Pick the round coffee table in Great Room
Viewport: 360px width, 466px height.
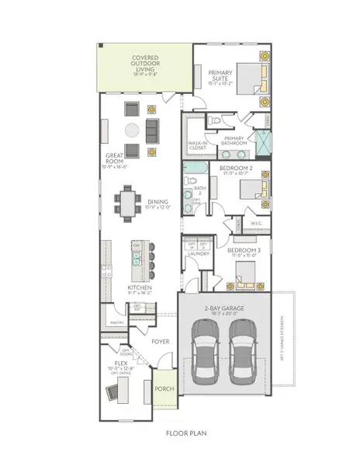[131, 128]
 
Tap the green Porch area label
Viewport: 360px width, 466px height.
[164, 390]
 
